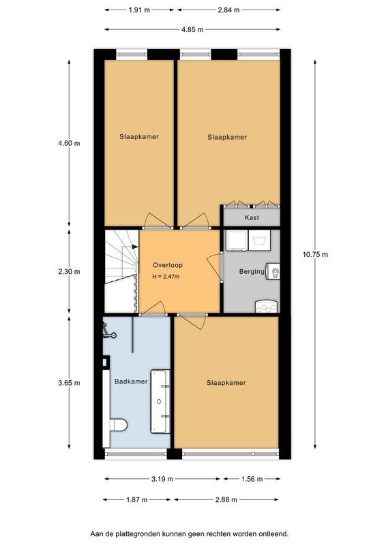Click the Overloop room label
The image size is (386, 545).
(168, 264)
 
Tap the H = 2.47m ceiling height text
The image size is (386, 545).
(168, 277)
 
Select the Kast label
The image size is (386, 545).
(252, 218)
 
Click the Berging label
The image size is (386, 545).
(251, 271)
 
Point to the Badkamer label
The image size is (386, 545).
(130, 381)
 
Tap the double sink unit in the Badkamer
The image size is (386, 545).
(161, 401)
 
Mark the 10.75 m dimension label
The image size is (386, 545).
(315, 254)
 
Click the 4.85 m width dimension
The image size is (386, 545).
(192, 29)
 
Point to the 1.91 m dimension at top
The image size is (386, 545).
(139, 11)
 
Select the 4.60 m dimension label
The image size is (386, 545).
(69, 143)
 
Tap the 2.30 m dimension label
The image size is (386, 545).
(69, 271)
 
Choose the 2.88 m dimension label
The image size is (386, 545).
(226, 499)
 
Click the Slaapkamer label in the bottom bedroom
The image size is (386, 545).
(226, 383)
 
